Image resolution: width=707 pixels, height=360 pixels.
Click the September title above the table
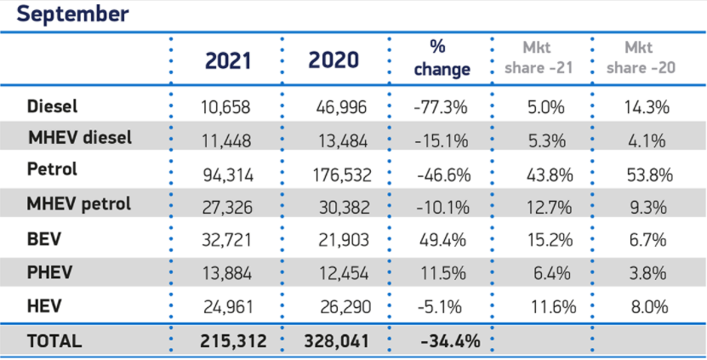point(72,14)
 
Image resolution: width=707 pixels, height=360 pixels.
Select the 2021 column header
point(228,60)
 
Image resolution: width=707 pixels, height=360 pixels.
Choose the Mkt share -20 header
point(644,57)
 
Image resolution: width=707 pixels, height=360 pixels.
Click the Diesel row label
point(53,106)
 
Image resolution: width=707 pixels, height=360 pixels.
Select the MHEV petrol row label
point(79,204)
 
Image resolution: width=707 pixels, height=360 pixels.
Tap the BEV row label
point(44,239)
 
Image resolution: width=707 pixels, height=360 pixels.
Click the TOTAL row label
point(55,341)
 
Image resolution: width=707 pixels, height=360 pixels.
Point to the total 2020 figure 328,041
point(338,341)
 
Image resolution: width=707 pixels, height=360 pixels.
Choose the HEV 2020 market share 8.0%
point(649,306)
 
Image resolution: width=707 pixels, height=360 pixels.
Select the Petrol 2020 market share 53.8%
point(649,175)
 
